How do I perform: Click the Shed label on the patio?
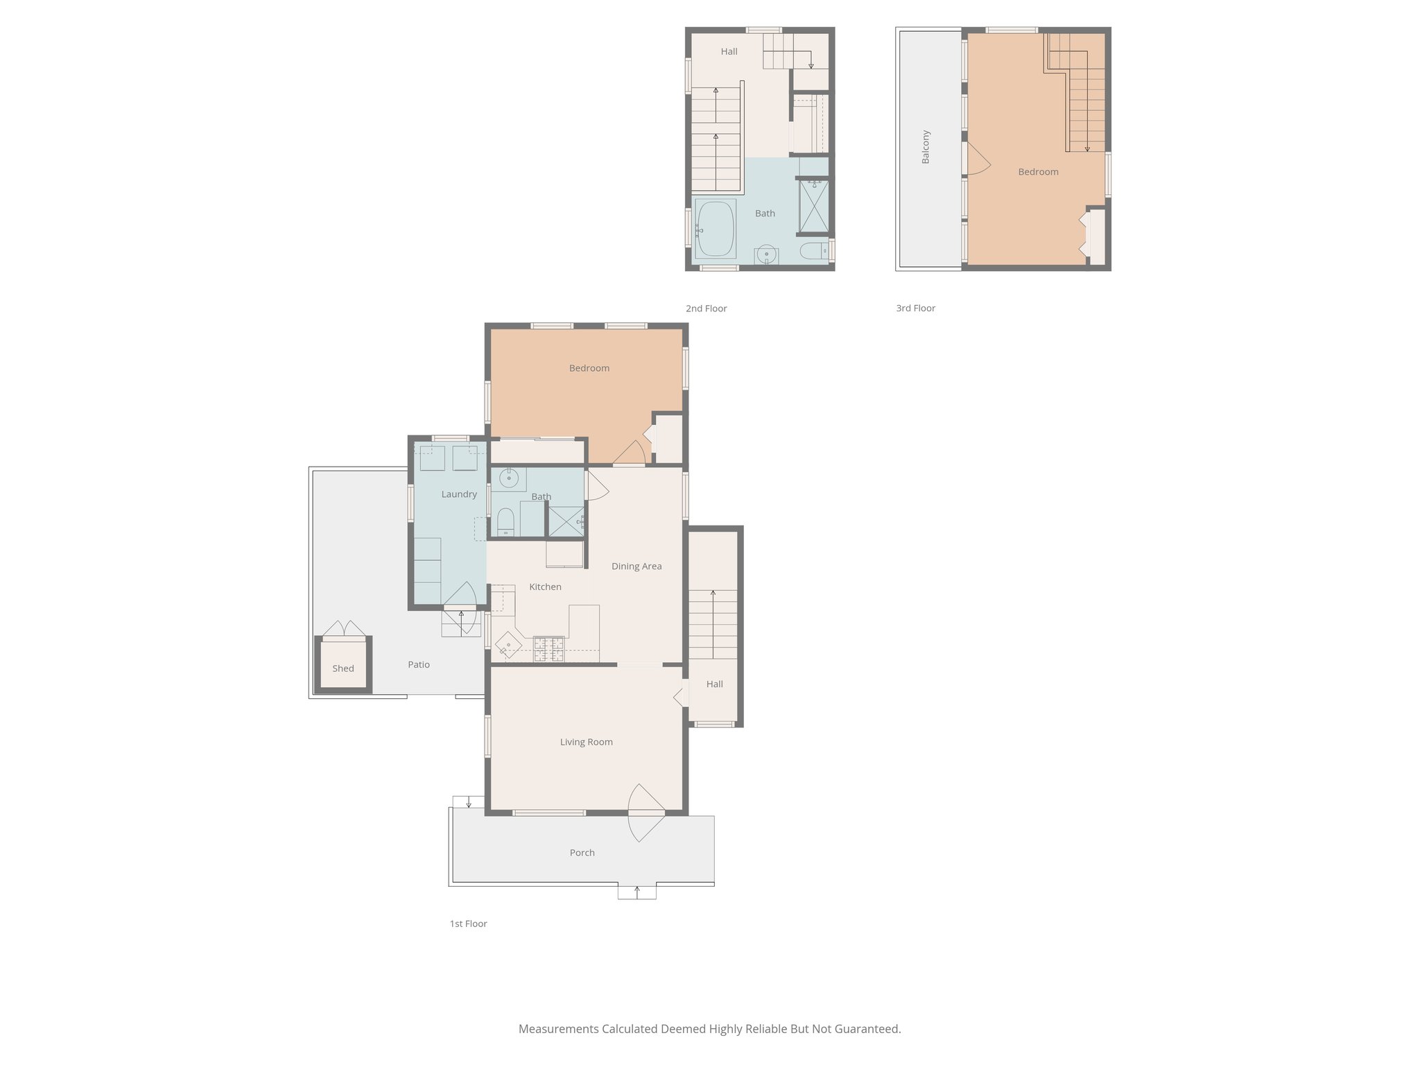click(x=343, y=668)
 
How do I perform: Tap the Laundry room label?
click(x=459, y=494)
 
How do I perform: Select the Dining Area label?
click(x=637, y=566)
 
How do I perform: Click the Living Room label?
click(x=586, y=742)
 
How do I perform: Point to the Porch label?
click(x=582, y=853)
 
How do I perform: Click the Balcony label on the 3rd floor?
click(x=926, y=147)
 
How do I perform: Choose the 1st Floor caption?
click(x=468, y=924)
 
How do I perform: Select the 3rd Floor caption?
click(x=915, y=309)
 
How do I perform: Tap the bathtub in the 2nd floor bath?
click(x=715, y=228)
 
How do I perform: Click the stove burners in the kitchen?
click(x=548, y=650)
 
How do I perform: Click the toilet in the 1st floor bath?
click(x=505, y=521)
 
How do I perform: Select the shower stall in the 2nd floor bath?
click(x=814, y=206)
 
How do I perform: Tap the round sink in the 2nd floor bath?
click(x=766, y=254)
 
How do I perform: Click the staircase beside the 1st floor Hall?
click(x=713, y=624)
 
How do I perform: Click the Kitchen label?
click(x=545, y=587)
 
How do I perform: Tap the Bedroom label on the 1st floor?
click(x=589, y=368)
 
